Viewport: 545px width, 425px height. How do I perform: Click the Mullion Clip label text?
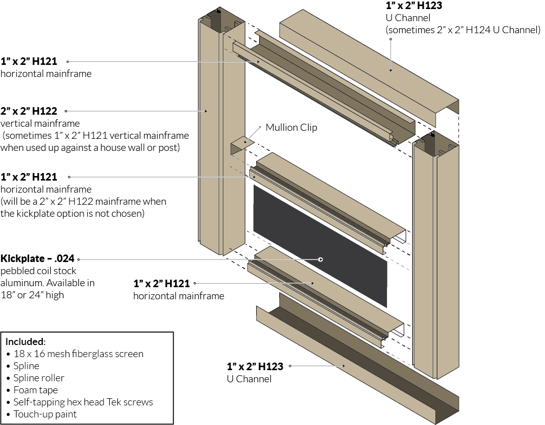[x=291, y=127]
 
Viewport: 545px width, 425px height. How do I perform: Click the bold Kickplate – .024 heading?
[x=38, y=259]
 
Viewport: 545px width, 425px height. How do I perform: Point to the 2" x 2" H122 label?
[x=29, y=111]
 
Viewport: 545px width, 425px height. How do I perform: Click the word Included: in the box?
[x=26, y=342]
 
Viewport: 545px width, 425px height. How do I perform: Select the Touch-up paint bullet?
[x=45, y=414]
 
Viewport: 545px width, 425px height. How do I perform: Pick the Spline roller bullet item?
[x=39, y=378]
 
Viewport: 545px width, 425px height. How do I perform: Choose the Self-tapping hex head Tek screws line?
[x=83, y=402]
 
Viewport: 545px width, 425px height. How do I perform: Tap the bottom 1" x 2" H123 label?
[x=255, y=366]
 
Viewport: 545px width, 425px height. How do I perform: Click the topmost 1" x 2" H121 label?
[x=28, y=61]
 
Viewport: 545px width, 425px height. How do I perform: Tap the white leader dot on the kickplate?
[x=321, y=259]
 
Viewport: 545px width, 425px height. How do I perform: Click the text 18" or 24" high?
[x=32, y=295]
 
